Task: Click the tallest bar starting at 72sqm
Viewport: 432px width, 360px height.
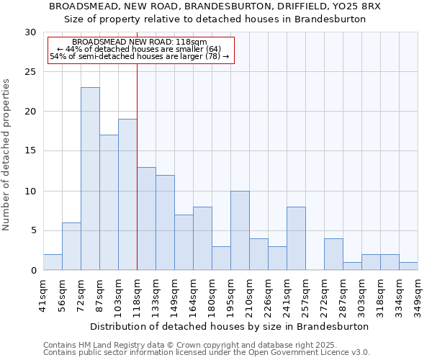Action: pyautogui.click(x=90, y=179)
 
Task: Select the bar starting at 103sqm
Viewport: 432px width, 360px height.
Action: pyautogui.click(x=127, y=194)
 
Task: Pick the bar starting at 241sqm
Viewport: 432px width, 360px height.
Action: pyautogui.click(x=296, y=238)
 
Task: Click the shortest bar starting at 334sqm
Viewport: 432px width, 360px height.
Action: pyautogui.click(x=408, y=266)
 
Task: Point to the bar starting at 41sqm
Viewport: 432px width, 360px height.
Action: pyautogui.click(x=53, y=262)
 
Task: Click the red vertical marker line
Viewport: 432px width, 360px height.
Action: pyautogui.click(x=137, y=166)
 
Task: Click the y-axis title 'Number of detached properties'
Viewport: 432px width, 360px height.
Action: pyautogui.click(x=7, y=154)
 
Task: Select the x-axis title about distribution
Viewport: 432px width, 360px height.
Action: pyautogui.click(x=230, y=326)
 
